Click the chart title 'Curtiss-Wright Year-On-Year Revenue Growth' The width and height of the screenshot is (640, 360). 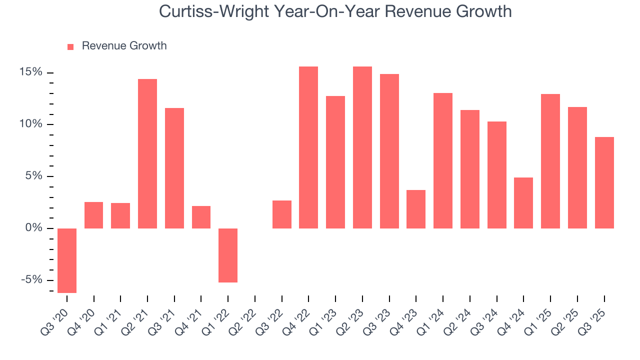[335, 11]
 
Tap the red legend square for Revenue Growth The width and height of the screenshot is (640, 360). [70, 46]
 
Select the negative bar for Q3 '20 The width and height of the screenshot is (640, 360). [67, 260]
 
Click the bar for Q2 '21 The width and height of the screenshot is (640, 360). [147, 153]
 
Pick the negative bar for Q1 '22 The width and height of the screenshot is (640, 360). [228, 255]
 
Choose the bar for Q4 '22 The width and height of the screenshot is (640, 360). [308, 147]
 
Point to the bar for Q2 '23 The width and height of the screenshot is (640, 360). [362, 147]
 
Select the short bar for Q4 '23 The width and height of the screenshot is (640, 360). [416, 209]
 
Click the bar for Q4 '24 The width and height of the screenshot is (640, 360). [523, 203]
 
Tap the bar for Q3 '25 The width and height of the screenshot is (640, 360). [604, 182]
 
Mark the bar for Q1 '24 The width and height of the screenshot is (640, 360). [443, 160]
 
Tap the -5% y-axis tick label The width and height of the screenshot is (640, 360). [32, 280]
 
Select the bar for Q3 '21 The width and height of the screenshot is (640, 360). [174, 168]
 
